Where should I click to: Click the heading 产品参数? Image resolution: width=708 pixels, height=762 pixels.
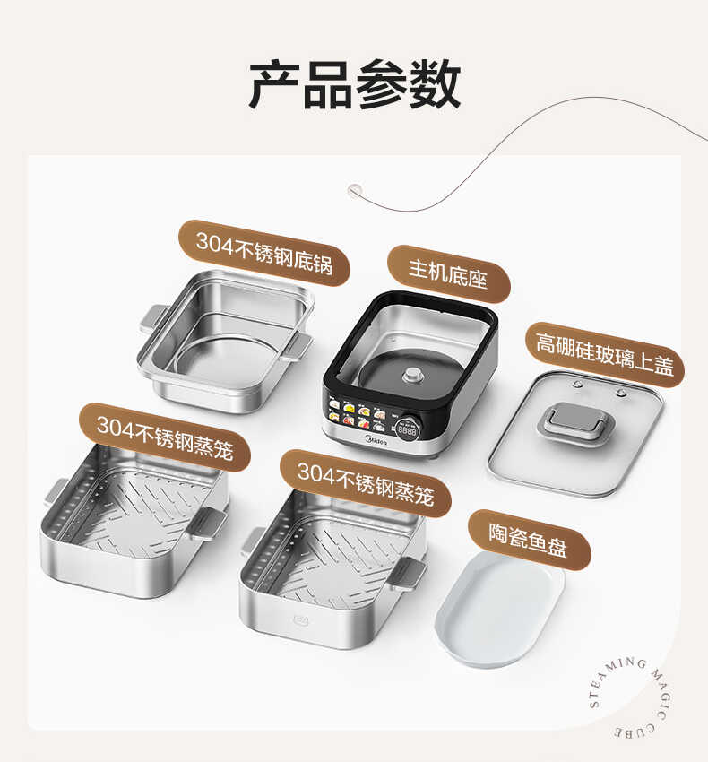pos(354,86)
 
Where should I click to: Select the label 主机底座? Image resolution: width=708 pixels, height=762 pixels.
pos(448,273)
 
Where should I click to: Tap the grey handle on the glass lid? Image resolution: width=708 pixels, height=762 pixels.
pos(572,422)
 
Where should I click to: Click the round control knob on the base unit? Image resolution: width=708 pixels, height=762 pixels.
pos(409,429)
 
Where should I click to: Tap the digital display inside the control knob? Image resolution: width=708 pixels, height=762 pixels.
pos(409,429)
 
